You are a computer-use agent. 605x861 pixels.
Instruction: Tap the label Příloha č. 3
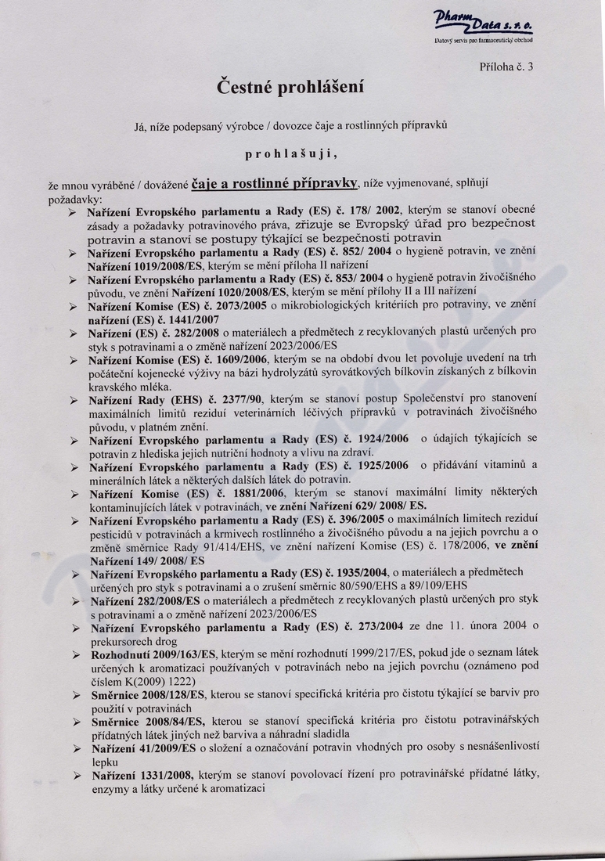(x=506, y=67)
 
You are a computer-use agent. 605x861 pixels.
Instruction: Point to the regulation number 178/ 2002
(x=373, y=211)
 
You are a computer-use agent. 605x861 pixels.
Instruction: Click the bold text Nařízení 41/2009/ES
(x=142, y=748)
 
